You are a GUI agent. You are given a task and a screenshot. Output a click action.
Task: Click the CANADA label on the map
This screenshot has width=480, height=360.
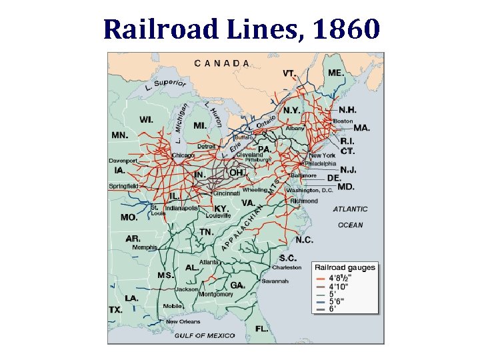point(223,63)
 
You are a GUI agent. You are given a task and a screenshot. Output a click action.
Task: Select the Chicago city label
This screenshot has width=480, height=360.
point(183,155)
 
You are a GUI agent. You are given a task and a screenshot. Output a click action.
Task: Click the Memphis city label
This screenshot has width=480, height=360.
point(145,247)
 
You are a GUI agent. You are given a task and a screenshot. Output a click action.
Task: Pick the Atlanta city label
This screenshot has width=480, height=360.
point(209,262)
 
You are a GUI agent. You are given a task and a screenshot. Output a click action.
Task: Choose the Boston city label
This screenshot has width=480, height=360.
point(343,121)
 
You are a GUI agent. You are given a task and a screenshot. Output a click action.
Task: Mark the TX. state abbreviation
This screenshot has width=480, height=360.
point(116,310)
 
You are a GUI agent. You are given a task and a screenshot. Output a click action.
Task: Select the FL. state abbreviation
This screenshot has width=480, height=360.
point(261,329)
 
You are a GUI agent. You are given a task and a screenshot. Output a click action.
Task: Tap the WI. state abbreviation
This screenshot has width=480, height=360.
point(147,120)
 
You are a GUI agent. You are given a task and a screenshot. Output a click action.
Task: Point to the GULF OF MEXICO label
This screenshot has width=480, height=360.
point(205,335)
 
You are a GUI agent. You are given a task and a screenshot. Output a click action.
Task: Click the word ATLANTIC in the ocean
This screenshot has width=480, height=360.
point(350,209)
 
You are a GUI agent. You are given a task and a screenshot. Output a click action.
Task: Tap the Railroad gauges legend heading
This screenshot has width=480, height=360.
point(345,267)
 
